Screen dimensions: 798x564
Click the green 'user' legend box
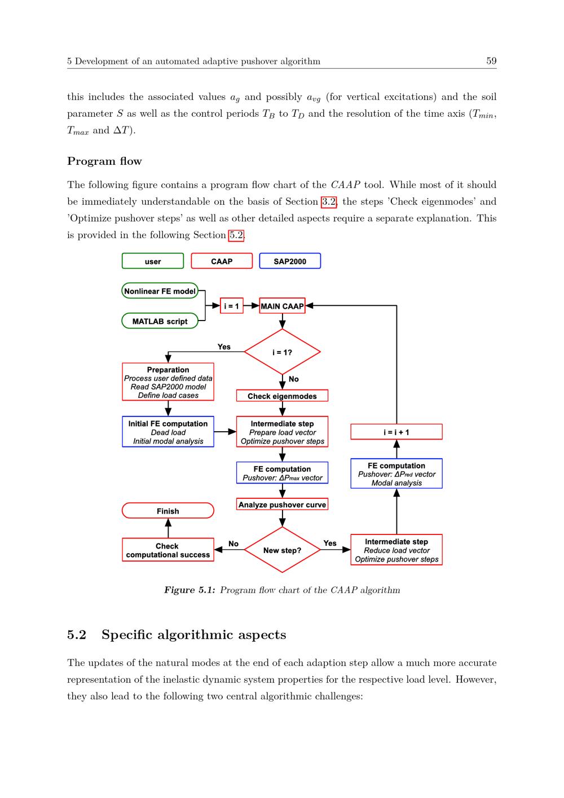point(153,261)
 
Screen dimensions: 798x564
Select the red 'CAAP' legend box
point(222,261)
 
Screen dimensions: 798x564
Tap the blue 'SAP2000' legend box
point(290,261)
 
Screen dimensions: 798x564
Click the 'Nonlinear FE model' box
point(160,291)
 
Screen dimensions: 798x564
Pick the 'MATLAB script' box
point(160,321)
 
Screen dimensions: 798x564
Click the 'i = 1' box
point(231,306)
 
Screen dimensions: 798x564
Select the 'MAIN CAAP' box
point(282,306)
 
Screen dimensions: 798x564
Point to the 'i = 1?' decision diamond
point(282,352)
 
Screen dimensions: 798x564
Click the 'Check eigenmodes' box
point(282,396)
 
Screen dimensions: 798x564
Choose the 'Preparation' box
point(168,382)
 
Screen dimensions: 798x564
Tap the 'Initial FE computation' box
point(168,432)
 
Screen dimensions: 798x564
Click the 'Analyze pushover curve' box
point(282,505)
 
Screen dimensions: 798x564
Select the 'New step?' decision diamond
point(282,550)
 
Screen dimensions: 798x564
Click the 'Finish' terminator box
point(168,511)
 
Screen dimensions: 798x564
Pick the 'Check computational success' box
point(168,550)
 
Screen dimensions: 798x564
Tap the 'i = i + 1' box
point(396,432)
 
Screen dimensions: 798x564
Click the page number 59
point(491,61)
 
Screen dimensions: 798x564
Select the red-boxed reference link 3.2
point(328,201)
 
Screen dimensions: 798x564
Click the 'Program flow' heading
point(104,161)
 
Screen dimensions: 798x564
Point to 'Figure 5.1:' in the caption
point(190,590)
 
